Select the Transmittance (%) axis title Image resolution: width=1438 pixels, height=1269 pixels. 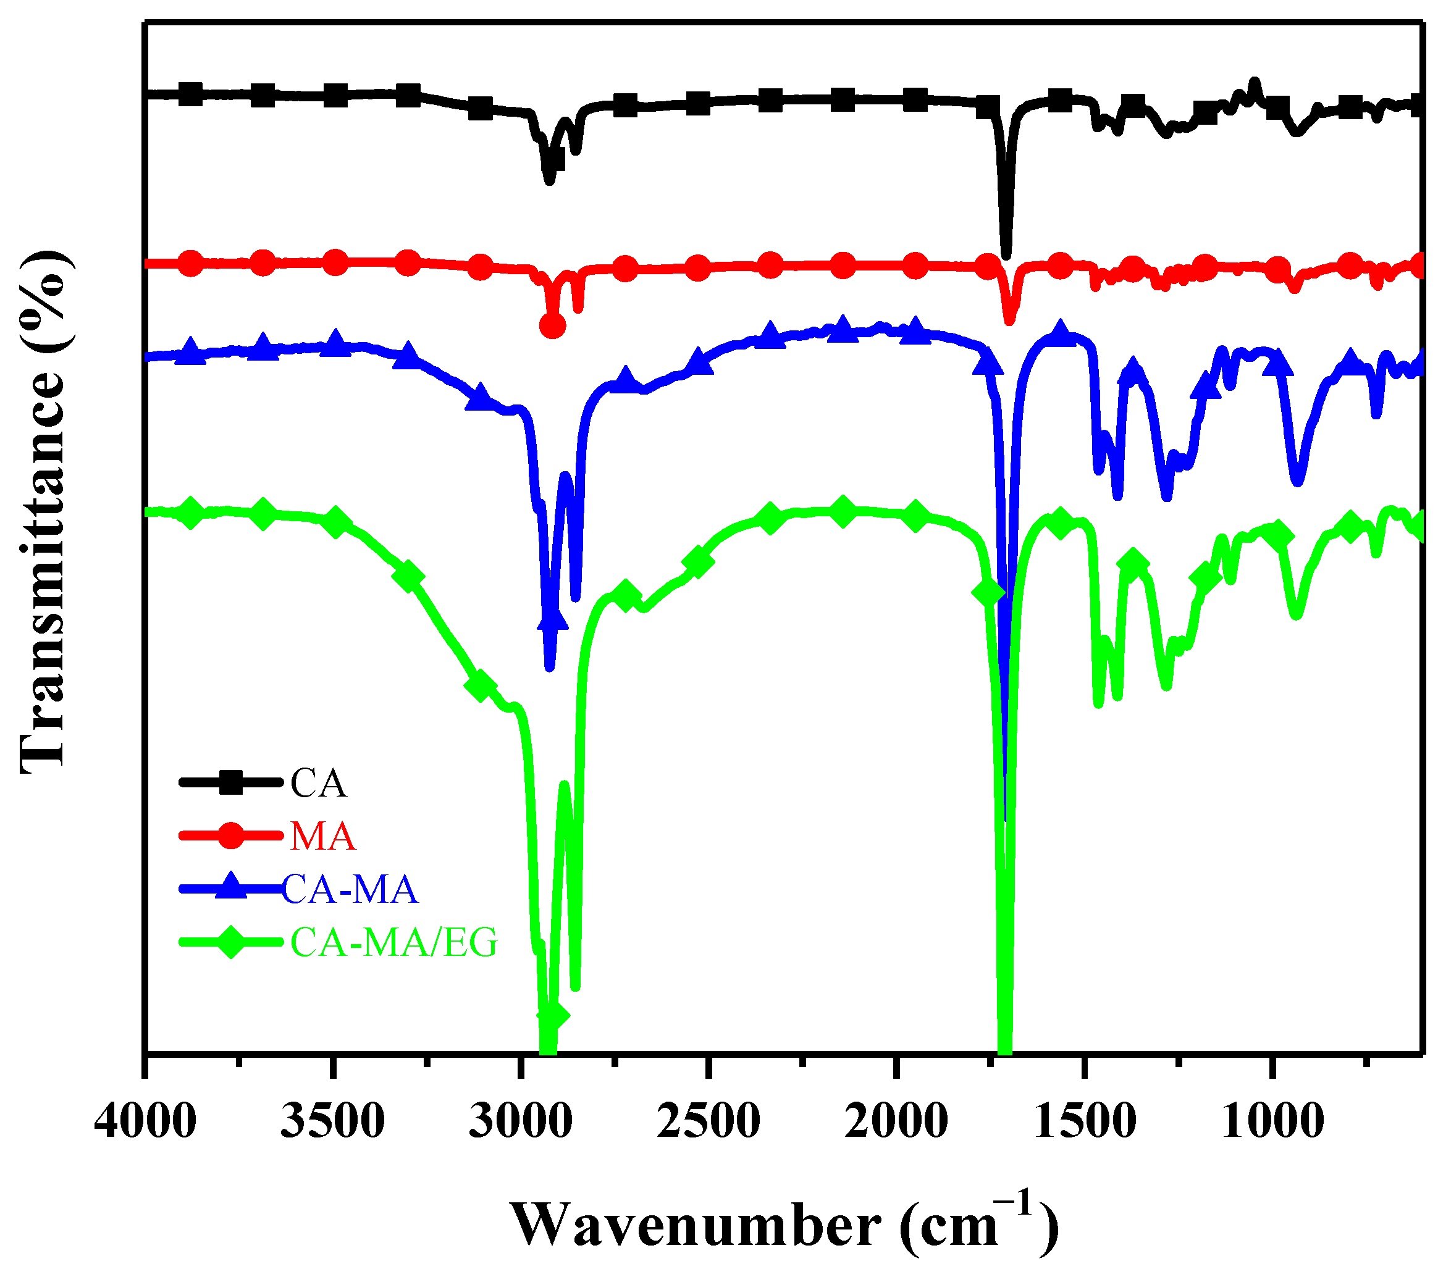click(x=44, y=512)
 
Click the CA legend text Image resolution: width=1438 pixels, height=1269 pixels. click(x=319, y=783)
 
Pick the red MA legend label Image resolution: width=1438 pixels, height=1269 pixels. click(x=323, y=836)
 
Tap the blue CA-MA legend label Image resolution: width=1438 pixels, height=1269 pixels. click(x=350, y=889)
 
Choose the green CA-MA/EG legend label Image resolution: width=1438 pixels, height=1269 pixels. click(x=394, y=942)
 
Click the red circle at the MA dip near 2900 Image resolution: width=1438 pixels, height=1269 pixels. click(x=552, y=325)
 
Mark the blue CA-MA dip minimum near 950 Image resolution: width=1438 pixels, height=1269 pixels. click(x=1298, y=480)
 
